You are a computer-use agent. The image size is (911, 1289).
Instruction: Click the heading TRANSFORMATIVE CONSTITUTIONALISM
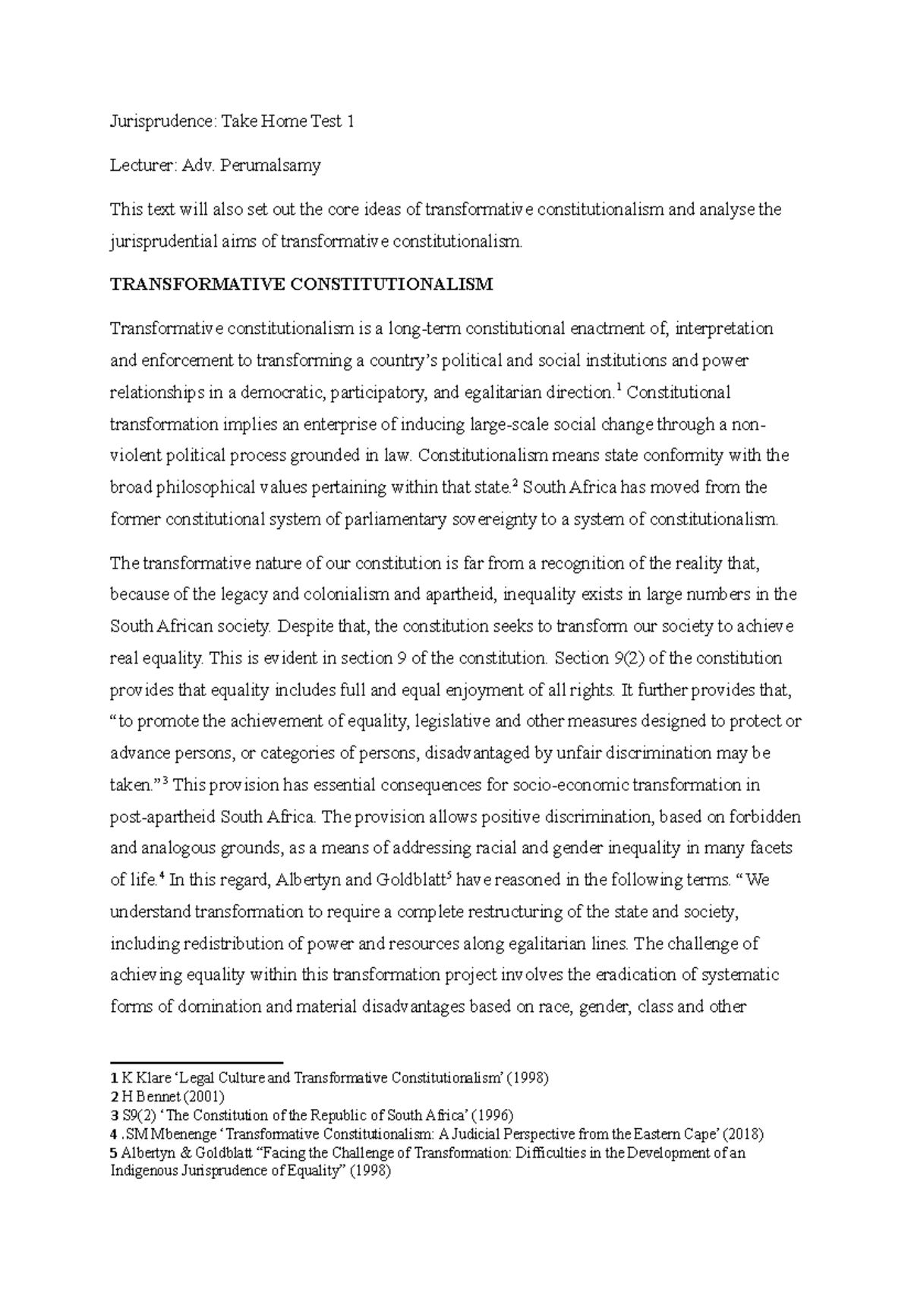click(x=301, y=285)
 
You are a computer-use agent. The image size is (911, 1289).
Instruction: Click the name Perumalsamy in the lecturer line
click(x=270, y=165)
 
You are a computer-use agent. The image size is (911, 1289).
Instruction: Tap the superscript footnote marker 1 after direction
click(x=619, y=389)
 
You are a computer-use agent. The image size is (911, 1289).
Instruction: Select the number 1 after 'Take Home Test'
click(x=351, y=121)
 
